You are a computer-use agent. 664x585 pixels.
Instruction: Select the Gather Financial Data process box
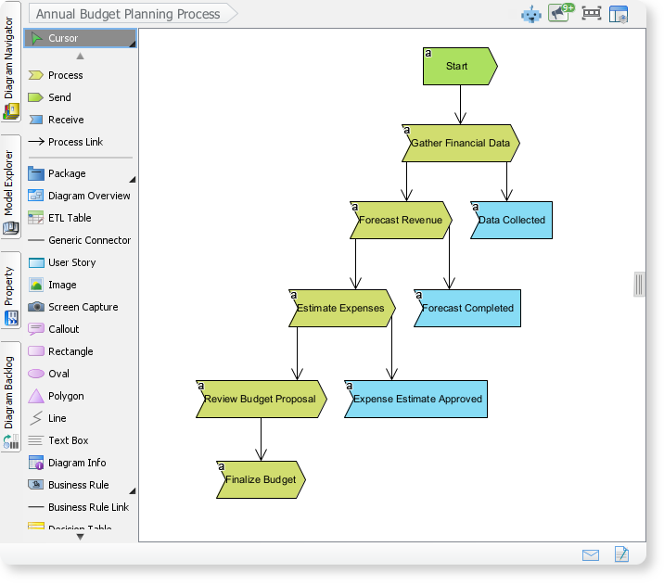tap(461, 144)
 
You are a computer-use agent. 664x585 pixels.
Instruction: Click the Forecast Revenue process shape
tap(401, 220)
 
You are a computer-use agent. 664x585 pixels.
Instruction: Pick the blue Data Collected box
tap(511, 220)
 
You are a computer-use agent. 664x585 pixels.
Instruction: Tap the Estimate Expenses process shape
tap(342, 308)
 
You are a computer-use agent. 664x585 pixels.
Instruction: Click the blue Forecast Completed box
tap(467, 308)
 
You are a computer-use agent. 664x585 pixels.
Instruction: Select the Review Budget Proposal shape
tap(261, 399)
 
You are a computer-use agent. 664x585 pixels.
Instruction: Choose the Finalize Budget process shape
tap(261, 479)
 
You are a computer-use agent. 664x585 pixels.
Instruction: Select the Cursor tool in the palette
tap(80, 38)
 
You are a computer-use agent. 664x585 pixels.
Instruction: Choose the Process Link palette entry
tap(75, 142)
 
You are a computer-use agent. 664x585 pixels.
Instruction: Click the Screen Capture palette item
tap(83, 307)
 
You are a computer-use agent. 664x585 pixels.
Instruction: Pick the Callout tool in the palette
tap(63, 329)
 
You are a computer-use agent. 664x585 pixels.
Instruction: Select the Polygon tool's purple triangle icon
tap(36, 396)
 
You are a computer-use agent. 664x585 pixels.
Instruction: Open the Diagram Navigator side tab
tap(10, 70)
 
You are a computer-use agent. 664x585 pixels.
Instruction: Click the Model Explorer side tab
tap(10, 186)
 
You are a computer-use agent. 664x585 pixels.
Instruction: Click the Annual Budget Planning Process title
tap(128, 14)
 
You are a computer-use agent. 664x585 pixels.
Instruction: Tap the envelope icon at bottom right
tap(591, 554)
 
